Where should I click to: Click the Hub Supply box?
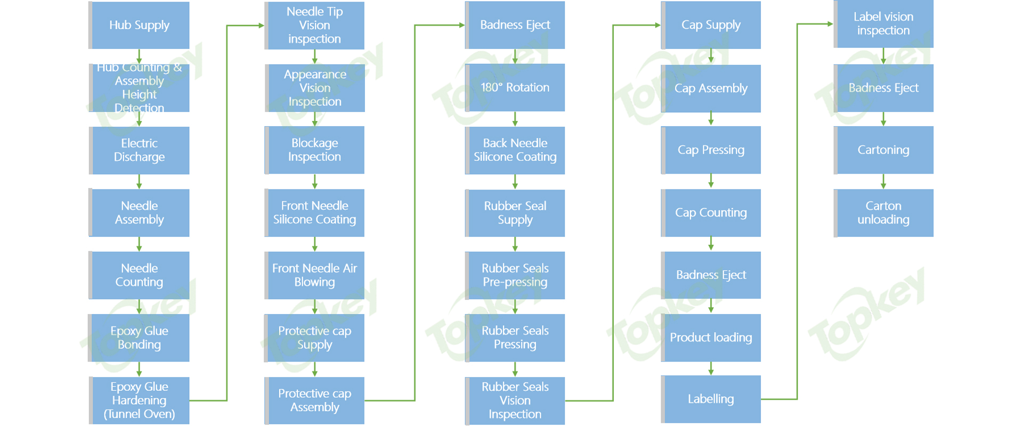point(139,25)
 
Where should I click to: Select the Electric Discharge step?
point(139,150)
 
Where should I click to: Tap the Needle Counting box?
point(139,275)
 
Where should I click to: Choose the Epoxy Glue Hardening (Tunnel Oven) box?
point(139,400)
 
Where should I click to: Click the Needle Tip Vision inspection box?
point(314,25)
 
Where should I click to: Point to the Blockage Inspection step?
point(314,150)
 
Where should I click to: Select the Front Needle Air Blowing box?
point(314,275)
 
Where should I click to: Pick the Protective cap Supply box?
point(314,338)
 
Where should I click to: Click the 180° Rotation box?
point(515,87)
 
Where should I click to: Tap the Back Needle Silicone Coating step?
point(515,150)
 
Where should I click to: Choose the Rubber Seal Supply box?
point(515,212)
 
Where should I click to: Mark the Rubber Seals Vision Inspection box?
point(515,400)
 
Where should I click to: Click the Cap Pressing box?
point(711,150)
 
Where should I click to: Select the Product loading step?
point(711,338)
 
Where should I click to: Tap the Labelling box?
point(711,399)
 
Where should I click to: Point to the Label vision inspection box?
point(883,24)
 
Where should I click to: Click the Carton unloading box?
point(883,212)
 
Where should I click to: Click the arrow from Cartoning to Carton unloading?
point(883,181)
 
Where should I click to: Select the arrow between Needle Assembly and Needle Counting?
point(139,244)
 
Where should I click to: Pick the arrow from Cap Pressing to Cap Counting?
point(711,181)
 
